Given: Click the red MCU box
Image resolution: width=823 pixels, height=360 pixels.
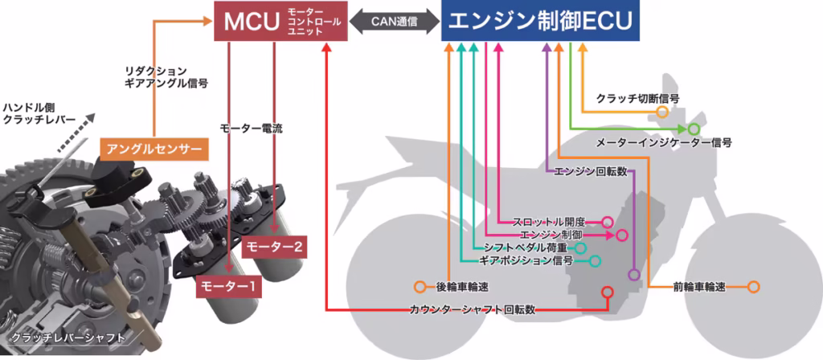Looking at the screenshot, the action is (281, 20).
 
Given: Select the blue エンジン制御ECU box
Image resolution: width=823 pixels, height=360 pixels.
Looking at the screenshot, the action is (540, 20).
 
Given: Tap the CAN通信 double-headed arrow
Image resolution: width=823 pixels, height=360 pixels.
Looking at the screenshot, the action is (395, 22).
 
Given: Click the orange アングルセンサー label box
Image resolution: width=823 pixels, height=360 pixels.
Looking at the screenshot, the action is (154, 149).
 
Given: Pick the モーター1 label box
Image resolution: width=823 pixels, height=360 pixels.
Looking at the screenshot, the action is (229, 287).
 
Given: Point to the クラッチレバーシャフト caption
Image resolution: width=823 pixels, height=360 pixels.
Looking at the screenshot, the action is (68, 337).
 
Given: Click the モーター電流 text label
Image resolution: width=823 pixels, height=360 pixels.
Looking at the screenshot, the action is (252, 129).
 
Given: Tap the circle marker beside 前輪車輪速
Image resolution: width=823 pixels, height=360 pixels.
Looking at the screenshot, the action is (753, 287).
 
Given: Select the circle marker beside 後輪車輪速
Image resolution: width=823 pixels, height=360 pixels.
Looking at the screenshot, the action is (420, 287).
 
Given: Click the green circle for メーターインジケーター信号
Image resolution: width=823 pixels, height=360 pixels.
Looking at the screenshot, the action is (694, 129).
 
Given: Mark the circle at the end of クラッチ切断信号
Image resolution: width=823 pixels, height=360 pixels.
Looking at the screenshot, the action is (662, 111).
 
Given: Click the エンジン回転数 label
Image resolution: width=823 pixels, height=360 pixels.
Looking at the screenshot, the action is (591, 172).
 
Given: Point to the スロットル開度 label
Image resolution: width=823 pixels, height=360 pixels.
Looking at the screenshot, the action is (548, 221).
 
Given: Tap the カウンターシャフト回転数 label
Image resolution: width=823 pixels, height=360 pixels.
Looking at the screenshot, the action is (473, 309).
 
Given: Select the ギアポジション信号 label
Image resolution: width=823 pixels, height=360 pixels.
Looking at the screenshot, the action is (526, 260).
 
